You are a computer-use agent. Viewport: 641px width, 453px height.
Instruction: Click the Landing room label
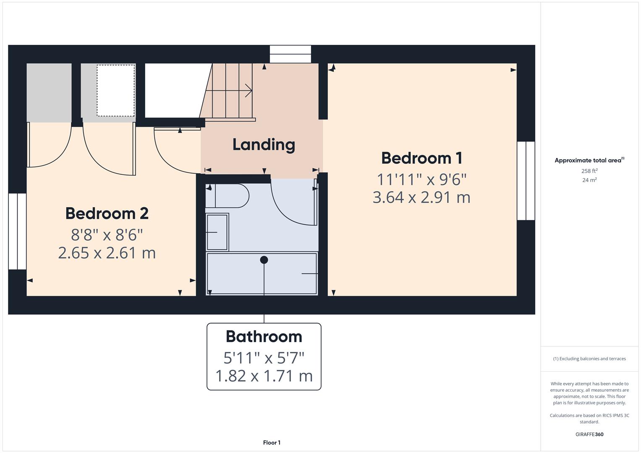tap(264, 145)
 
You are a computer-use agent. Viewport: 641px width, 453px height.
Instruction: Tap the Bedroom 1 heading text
tap(421, 158)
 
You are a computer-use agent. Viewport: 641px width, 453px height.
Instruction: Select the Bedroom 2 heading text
tap(107, 213)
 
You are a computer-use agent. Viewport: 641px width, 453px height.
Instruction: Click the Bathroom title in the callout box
tap(264, 336)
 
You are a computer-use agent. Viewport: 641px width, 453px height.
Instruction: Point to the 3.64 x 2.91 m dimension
tap(421, 197)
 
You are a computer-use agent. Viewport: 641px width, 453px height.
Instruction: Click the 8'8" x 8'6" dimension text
tap(107, 235)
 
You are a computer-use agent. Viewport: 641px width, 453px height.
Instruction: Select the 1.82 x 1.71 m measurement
tap(264, 376)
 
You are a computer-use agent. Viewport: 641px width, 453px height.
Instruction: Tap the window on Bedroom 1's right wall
tap(526, 181)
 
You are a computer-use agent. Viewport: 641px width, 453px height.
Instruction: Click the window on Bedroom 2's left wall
tap(17, 231)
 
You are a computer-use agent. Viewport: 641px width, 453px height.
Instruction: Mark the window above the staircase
tap(290, 54)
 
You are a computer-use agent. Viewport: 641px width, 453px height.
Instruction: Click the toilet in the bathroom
tap(229, 195)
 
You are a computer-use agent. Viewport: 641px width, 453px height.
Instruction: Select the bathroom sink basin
tap(217, 232)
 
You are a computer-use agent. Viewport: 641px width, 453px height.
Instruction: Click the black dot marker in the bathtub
tap(264, 260)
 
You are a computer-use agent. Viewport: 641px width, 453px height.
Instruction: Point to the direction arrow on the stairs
tap(248, 90)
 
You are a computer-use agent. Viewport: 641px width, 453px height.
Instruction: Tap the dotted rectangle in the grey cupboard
tap(116, 90)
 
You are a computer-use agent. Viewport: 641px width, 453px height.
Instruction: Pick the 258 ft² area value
tap(589, 171)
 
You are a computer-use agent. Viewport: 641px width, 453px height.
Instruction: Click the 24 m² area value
tap(589, 180)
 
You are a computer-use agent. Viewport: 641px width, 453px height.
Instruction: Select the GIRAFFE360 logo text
tap(589, 435)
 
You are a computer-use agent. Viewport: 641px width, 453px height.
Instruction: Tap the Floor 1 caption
tap(272, 443)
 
